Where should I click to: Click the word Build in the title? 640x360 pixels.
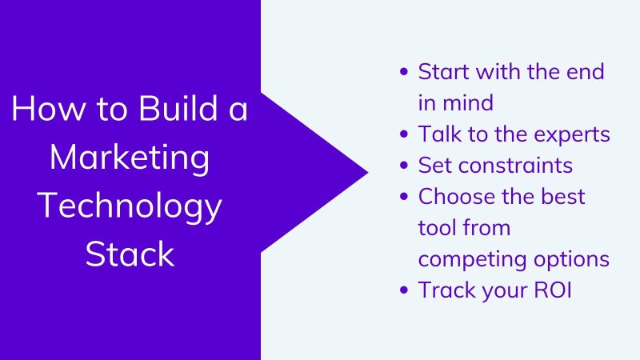pos(178,108)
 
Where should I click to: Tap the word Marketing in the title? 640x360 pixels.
pos(130,158)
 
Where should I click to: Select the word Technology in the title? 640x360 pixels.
pos(130,207)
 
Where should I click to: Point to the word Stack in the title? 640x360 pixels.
pos(130,254)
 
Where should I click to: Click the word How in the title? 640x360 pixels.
pos(49,108)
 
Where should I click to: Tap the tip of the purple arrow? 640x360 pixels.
pos(368,172)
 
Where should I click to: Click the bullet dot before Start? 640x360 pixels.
pos(404,72)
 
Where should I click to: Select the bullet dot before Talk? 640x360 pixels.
pos(404,134)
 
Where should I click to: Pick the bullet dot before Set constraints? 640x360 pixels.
pos(404,166)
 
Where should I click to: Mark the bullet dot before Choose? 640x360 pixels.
pos(404,196)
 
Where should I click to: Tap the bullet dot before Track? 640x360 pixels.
pos(404,290)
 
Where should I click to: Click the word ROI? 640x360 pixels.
pos(553,290)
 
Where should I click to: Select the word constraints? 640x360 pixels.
pos(515,166)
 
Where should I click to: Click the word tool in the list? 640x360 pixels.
pos(438,228)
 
